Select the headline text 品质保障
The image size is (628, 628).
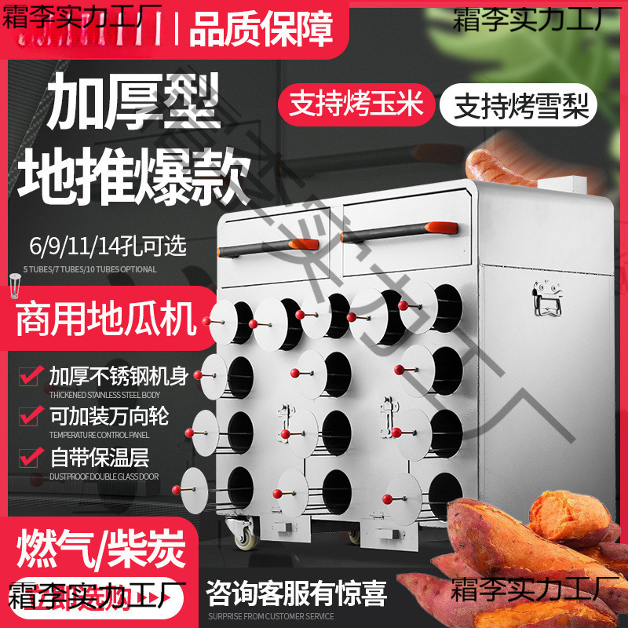[261, 29]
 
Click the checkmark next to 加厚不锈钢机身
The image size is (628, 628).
[31, 376]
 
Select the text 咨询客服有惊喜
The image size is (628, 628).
[297, 593]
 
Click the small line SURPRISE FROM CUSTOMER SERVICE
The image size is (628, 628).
[272, 616]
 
